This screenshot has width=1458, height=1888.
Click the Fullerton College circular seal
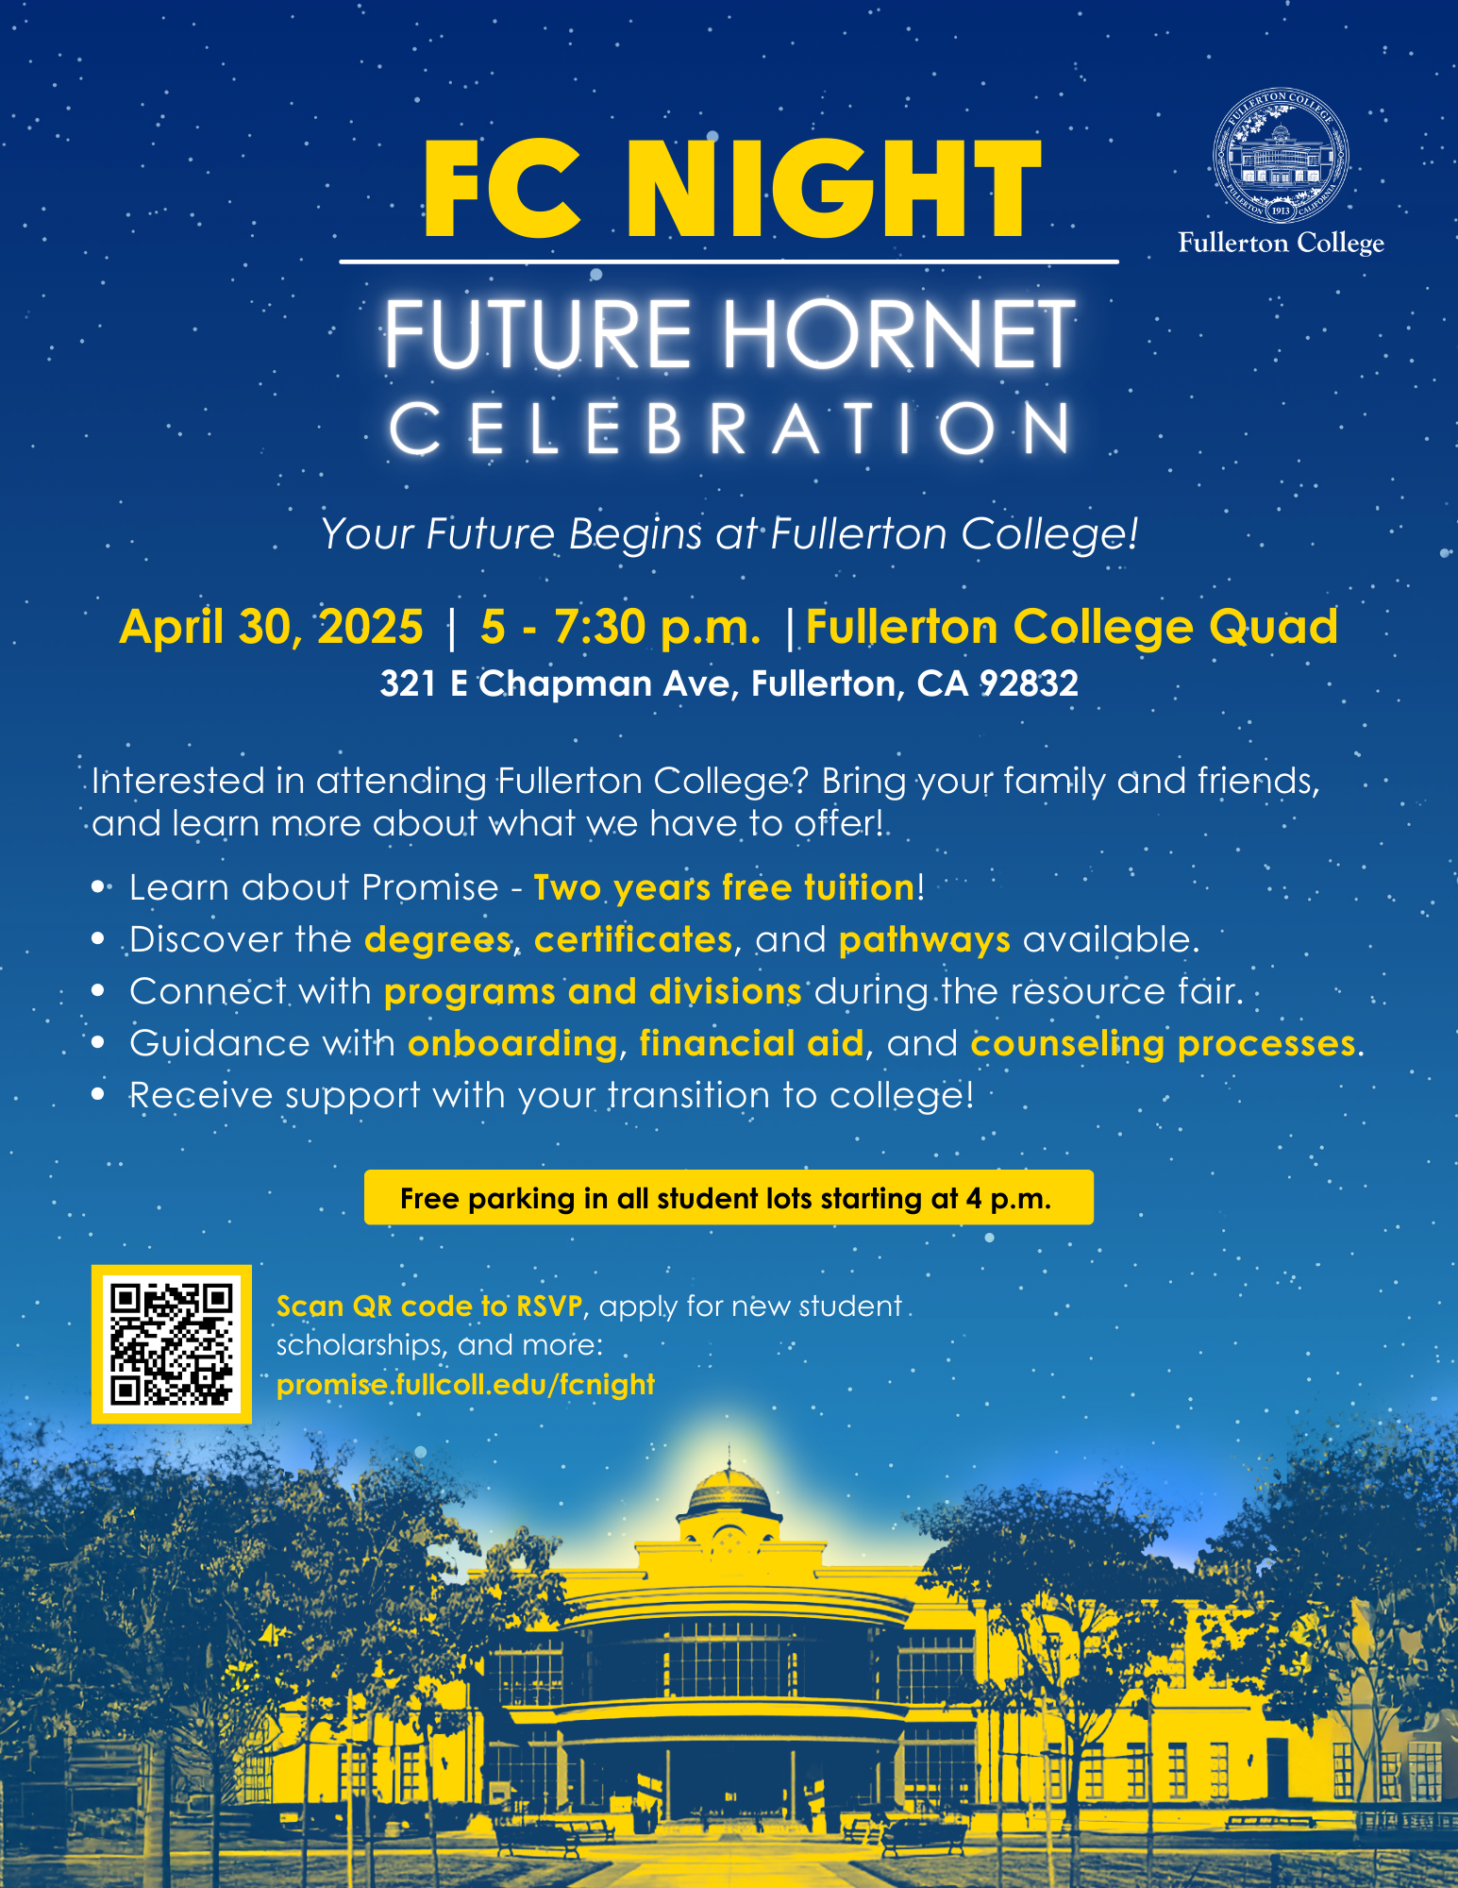click(1281, 158)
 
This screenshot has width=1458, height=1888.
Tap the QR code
click(172, 1343)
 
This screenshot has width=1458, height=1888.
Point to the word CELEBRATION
click(729, 429)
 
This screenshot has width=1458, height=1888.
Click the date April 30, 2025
click(272, 627)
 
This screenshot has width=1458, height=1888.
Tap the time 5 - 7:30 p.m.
click(620, 627)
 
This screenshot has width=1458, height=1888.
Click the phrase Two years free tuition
click(725, 888)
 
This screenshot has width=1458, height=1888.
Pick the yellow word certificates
click(633, 940)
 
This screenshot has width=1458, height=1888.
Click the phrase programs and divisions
click(593, 992)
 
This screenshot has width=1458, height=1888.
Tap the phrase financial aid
click(751, 1043)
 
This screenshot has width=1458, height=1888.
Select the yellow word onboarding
click(512, 1044)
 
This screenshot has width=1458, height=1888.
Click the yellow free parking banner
click(729, 1198)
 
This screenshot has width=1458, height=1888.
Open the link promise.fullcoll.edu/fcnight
click(465, 1385)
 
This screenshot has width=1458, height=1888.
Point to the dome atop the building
click(729, 1490)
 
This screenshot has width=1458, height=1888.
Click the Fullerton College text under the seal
click(1281, 244)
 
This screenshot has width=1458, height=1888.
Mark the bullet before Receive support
click(98, 1095)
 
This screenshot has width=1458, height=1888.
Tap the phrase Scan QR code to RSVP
click(429, 1306)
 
